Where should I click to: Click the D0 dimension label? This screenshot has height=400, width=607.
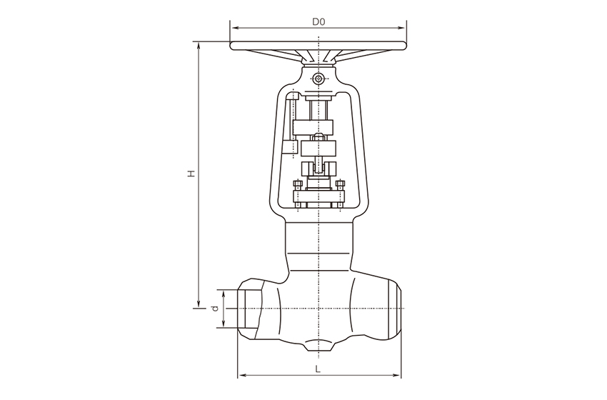pos(318,21)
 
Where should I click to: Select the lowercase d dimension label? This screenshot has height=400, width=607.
pos(214,309)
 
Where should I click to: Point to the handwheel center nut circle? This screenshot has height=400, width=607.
pos(318,78)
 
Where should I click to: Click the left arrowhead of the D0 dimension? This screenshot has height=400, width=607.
pos(234,29)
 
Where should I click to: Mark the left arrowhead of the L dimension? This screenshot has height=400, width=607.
pos(241,374)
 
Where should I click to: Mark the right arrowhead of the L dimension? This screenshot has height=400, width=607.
pos(398,374)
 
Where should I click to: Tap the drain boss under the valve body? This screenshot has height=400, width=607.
pos(318,346)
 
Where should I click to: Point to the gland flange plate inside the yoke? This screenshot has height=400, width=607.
pos(319,196)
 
